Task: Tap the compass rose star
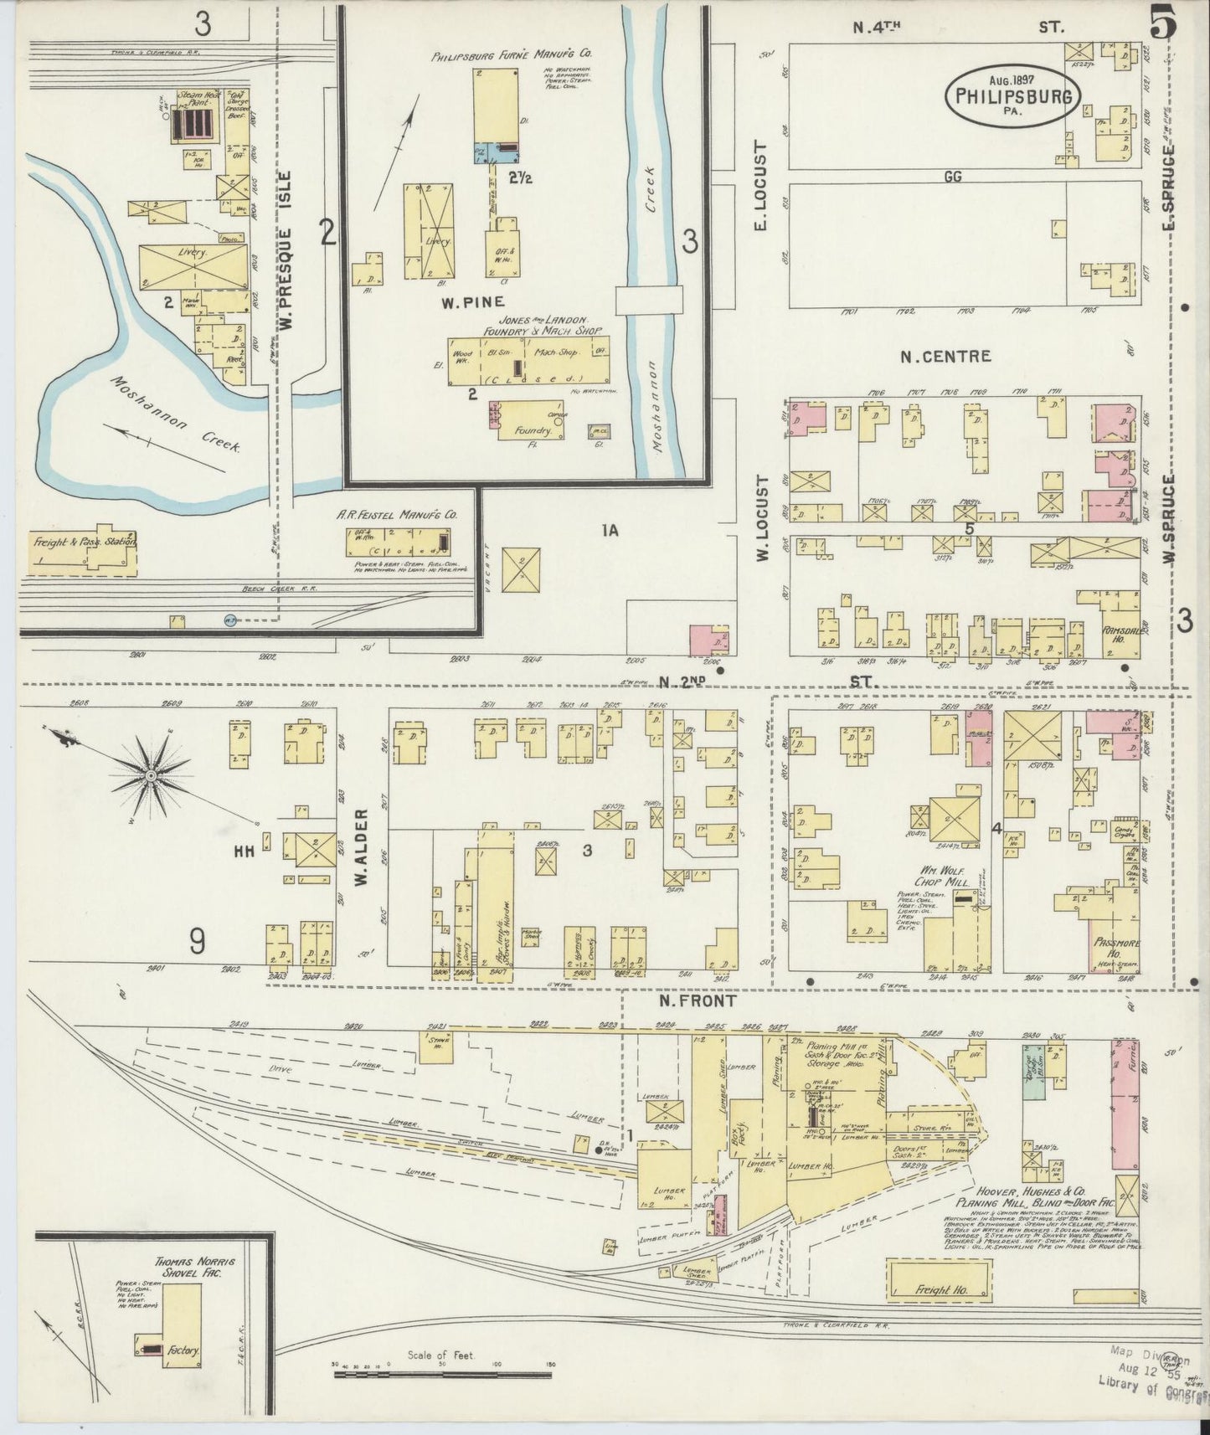[152, 777]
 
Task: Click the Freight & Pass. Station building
[82, 553]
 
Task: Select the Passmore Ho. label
[1114, 946]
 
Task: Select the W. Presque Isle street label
[287, 250]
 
